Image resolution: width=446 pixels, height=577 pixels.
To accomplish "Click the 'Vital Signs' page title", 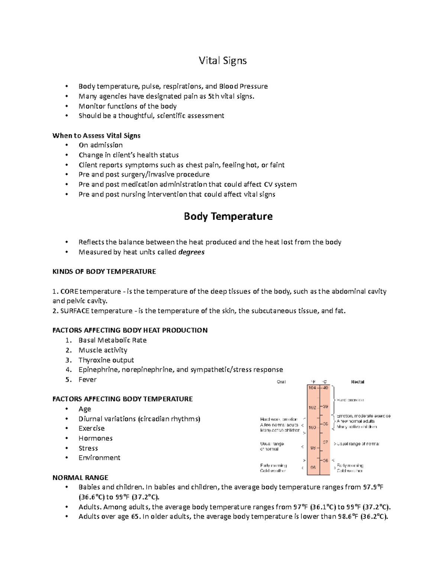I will (223, 61).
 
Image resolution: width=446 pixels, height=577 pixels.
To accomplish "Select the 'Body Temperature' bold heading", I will (228, 216).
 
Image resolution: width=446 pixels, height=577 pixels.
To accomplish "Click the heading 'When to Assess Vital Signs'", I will (96, 135).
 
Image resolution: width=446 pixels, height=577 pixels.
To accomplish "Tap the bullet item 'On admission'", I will (100, 145).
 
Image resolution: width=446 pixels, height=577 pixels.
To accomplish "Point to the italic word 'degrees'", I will (191, 252).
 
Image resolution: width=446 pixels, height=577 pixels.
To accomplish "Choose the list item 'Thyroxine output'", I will (106, 360).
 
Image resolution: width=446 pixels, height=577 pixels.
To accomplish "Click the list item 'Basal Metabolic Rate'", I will (112, 340).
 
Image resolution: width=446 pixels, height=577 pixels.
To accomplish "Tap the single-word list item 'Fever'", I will (87, 379).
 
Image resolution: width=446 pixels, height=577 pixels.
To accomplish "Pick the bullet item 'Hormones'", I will (95, 438).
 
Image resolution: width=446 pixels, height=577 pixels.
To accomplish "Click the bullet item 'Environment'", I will (99, 457).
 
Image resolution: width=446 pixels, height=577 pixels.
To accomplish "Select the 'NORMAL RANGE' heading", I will (80, 477).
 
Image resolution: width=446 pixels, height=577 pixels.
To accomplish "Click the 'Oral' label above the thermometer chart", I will (281, 382).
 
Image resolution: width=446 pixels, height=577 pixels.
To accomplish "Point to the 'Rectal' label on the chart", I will (358, 382).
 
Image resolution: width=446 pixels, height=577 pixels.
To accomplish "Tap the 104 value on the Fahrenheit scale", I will (312, 388).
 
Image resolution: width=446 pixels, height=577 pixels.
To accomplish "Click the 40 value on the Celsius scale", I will (326, 388).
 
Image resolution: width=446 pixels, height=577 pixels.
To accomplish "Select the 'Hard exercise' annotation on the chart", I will (350, 400).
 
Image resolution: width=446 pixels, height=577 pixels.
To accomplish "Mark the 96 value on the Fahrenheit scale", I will (313, 468).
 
